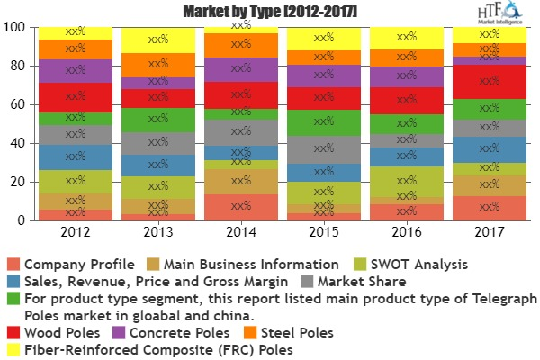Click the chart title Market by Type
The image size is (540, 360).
[x=256, y=12]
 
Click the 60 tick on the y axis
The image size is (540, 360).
[x=16, y=105]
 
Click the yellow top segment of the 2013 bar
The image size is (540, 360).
[x=158, y=40]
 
